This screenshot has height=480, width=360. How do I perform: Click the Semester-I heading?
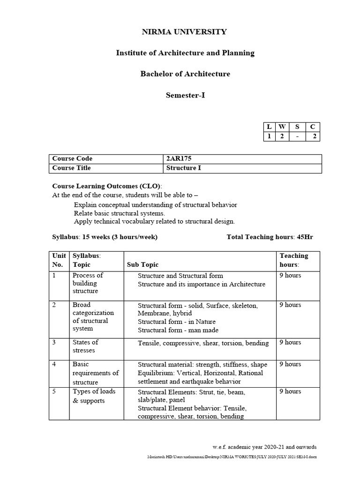point(185,95)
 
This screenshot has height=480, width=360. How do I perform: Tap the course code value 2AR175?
point(180,159)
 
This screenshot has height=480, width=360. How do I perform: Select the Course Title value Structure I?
point(183,168)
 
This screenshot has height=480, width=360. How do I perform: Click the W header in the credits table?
point(282,127)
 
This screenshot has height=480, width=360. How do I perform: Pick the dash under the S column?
point(297,136)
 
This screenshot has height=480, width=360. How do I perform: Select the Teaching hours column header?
point(294,260)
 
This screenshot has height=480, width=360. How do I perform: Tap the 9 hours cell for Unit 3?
point(290,343)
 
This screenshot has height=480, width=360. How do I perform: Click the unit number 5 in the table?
point(54,391)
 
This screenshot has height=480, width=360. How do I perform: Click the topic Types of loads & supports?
point(94,396)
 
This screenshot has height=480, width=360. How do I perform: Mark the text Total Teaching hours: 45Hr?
point(270,237)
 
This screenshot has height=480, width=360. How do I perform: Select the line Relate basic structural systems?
point(120,213)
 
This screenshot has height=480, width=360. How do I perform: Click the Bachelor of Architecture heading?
point(185,74)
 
